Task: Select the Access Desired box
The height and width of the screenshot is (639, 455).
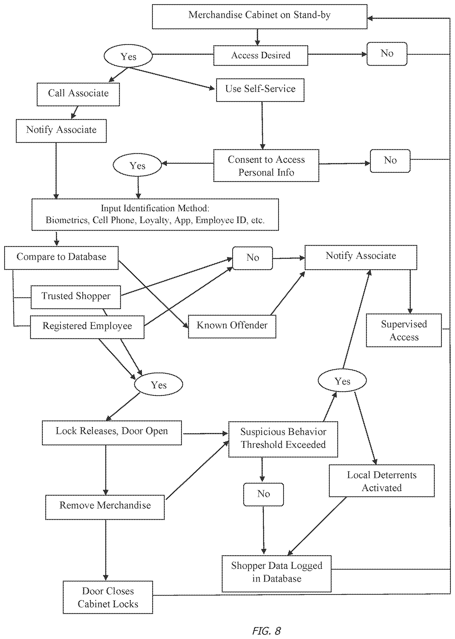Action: (261, 56)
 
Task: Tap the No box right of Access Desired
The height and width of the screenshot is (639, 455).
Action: (387, 54)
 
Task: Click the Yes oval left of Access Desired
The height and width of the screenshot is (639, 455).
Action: (128, 56)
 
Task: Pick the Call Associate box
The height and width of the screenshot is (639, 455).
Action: (78, 94)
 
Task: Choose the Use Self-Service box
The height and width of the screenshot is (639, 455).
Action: (260, 90)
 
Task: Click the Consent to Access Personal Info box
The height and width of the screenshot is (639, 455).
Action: (266, 165)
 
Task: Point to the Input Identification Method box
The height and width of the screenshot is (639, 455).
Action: (155, 214)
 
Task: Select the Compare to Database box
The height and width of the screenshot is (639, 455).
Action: (61, 258)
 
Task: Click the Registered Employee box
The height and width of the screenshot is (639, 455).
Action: (87, 327)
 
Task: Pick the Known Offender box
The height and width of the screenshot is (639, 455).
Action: (232, 326)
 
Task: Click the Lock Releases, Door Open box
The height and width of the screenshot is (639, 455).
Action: (112, 432)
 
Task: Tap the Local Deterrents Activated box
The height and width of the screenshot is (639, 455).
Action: (381, 481)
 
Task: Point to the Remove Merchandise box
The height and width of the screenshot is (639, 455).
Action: (105, 507)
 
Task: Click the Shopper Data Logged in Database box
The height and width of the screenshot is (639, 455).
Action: (276, 574)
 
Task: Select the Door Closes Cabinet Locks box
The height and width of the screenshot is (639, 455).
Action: (108, 597)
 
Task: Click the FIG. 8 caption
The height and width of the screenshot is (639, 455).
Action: (266, 631)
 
